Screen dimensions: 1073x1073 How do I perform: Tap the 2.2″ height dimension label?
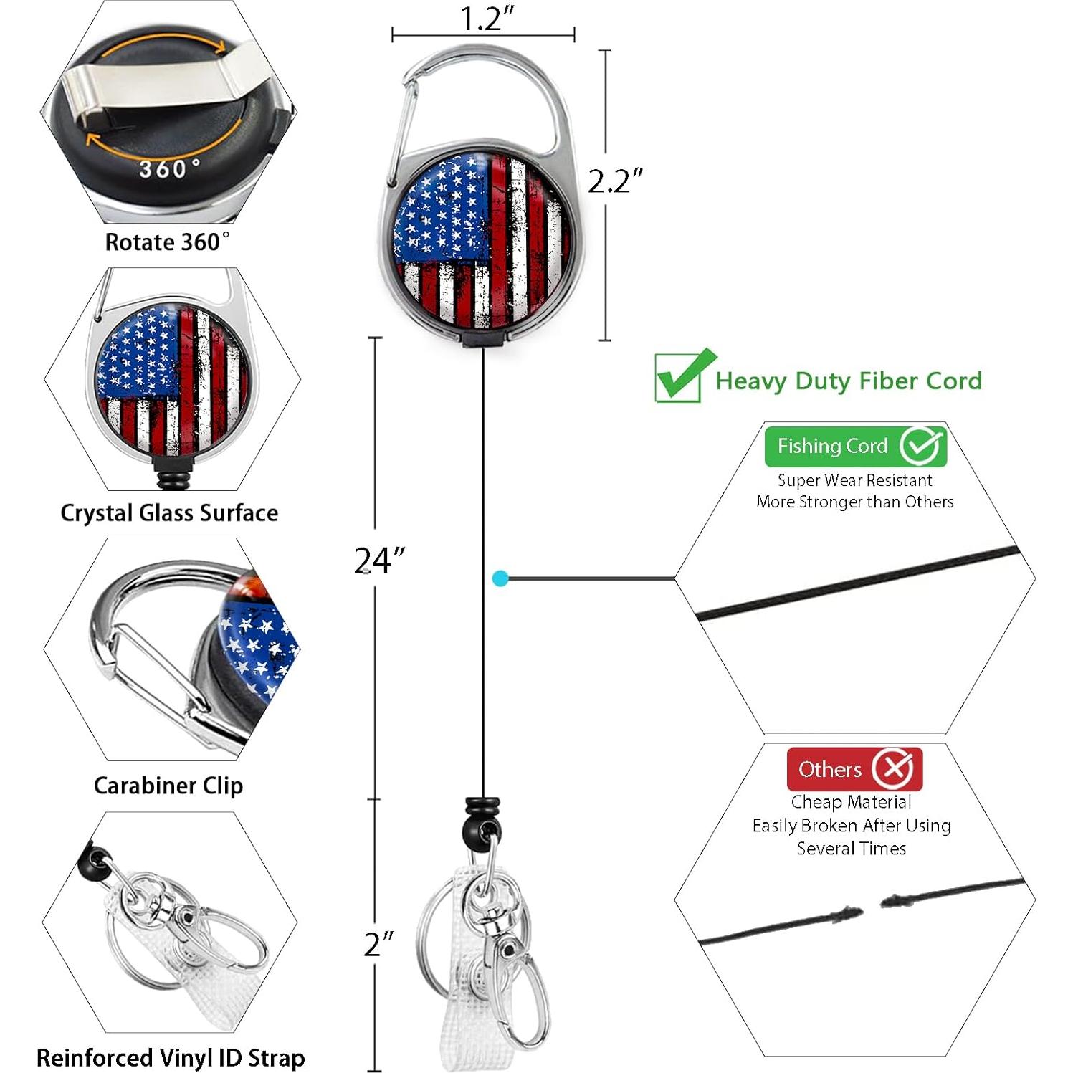pyautogui.click(x=615, y=181)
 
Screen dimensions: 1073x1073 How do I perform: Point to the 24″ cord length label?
pyautogui.click(x=379, y=561)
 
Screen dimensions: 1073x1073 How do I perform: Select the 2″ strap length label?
pyautogui.click(x=378, y=945)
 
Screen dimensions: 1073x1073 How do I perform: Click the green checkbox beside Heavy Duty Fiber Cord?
pyautogui.click(x=678, y=376)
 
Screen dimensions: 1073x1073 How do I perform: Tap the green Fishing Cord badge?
pyautogui.click(x=855, y=446)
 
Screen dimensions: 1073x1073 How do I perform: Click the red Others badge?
pyautogui.click(x=854, y=769)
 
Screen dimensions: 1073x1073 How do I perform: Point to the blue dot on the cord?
pyautogui.click(x=500, y=578)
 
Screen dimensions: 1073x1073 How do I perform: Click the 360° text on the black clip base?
pyautogui.click(x=169, y=169)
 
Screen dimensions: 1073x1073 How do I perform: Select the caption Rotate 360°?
pyautogui.click(x=168, y=242)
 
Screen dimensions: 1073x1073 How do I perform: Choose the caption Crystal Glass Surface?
pyautogui.click(x=169, y=513)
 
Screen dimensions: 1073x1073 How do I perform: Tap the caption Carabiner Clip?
pyautogui.click(x=168, y=786)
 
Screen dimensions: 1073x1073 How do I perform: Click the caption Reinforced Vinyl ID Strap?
pyautogui.click(x=171, y=1058)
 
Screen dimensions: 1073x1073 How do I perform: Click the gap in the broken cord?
pyautogui.click(x=872, y=907)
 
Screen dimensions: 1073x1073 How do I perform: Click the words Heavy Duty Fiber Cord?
pyautogui.click(x=849, y=381)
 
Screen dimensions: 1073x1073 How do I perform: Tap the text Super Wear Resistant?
pyautogui.click(x=855, y=480)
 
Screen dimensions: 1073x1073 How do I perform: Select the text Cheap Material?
pyautogui.click(x=851, y=802)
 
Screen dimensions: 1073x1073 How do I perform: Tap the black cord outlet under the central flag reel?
pyautogui.click(x=482, y=338)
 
